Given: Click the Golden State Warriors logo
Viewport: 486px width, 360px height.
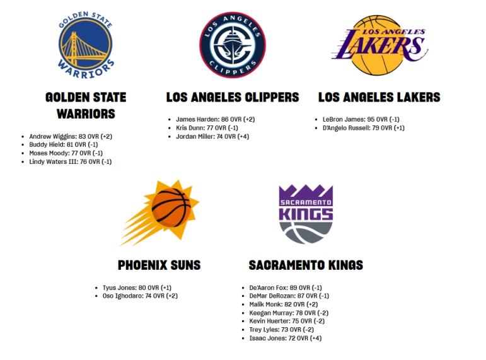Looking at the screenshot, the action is (x=86, y=45).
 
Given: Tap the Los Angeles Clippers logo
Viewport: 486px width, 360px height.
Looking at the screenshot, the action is (x=233, y=45).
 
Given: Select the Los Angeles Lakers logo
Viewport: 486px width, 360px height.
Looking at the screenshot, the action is (x=379, y=45).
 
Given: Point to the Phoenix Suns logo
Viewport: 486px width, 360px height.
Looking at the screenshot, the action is (x=159, y=213).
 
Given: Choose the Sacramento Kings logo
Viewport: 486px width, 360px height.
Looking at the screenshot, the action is (x=306, y=214).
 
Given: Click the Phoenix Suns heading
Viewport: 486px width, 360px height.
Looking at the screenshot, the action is (x=159, y=265).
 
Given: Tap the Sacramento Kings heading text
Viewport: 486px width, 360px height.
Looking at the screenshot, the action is (x=306, y=265).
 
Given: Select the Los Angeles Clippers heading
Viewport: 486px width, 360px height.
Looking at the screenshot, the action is (x=233, y=97).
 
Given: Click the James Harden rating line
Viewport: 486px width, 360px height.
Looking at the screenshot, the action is (x=216, y=119).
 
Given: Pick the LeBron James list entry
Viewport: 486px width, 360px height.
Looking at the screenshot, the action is (x=361, y=119).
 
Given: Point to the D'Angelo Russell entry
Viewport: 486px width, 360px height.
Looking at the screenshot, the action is (x=364, y=128).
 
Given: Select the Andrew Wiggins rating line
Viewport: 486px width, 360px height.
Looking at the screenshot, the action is (x=71, y=136).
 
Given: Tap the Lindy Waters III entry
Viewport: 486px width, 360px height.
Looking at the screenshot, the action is (x=71, y=161).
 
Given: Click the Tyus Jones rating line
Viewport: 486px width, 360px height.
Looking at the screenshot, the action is (x=137, y=287).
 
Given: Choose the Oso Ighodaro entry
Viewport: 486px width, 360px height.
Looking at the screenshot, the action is (x=140, y=296).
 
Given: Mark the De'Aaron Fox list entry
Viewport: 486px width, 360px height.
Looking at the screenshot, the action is (x=286, y=287).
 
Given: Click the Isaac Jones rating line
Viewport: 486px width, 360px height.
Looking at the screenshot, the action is (x=286, y=338).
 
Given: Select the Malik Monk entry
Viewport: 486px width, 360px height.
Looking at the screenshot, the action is (x=284, y=305).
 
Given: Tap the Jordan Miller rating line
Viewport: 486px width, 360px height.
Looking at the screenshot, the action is (x=212, y=136).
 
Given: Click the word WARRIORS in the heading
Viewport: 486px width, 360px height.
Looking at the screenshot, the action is (x=86, y=114).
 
